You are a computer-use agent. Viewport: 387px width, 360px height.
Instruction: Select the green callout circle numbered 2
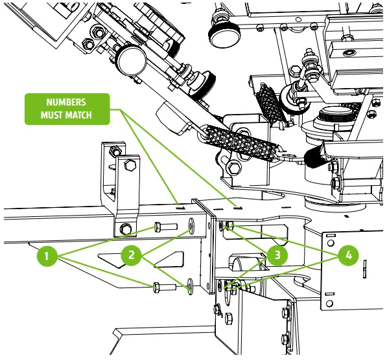point(132,255)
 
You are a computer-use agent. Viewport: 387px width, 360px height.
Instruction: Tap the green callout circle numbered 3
point(277,254)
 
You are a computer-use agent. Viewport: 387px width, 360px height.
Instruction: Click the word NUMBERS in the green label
point(66,102)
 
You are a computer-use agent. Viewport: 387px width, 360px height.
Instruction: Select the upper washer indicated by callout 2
point(192,227)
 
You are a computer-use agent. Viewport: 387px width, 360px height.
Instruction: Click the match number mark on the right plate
point(238,208)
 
